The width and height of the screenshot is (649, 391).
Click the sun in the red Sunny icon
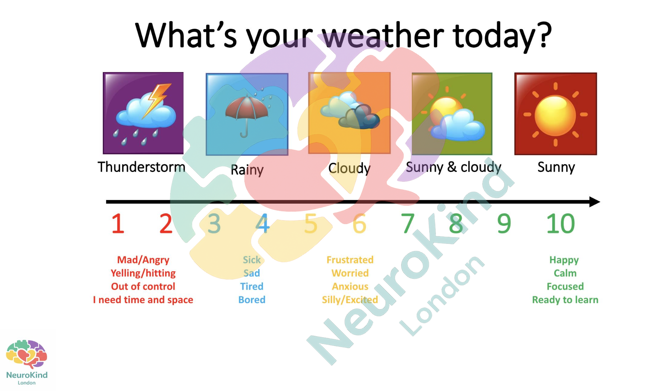click(x=555, y=114)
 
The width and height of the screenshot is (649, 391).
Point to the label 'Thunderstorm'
click(x=141, y=167)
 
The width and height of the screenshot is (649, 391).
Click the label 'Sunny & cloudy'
click(x=453, y=167)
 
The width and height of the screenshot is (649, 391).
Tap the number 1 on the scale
click(x=118, y=224)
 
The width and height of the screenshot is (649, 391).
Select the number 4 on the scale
click(x=263, y=224)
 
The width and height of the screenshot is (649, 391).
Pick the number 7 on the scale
click(x=407, y=224)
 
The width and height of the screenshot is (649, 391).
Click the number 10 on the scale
click(x=561, y=224)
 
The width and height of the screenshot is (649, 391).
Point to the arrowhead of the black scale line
click(x=594, y=202)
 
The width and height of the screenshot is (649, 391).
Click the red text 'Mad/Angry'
click(x=143, y=260)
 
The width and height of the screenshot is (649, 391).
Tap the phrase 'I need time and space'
click(x=143, y=300)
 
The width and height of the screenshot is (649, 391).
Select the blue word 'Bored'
click(x=252, y=300)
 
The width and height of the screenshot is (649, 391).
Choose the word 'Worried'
click(x=350, y=273)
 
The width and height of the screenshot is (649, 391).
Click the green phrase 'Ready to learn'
click(x=565, y=300)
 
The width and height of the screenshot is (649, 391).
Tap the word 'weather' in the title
click(x=383, y=36)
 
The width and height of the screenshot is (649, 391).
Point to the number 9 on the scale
click(x=504, y=224)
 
